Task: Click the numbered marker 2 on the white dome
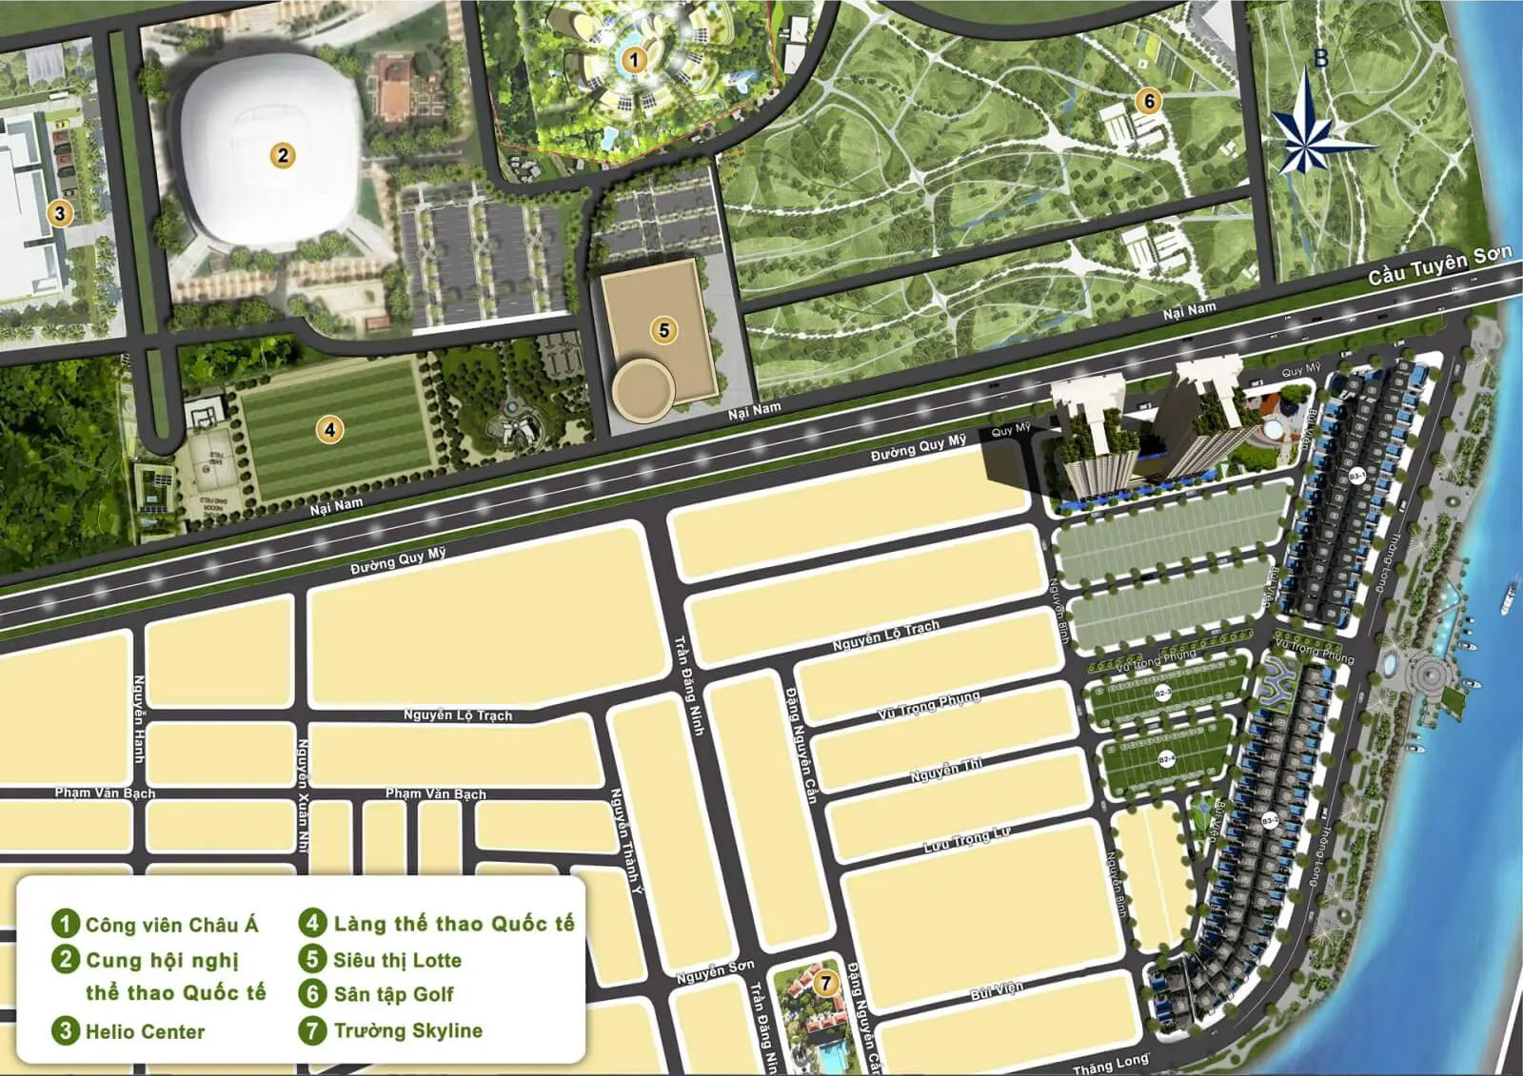pyautogui.click(x=282, y=155)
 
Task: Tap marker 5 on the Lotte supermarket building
pyautogui.click(x=664, y=330)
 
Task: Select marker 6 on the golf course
pyautogui.click(x=1149, y=100)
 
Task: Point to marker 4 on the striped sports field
pyautogui.click(x=329, y=429)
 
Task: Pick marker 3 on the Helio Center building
pyautogui.click(x=60, y=212)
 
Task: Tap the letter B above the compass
pyautogui.click(x=1320, y=59)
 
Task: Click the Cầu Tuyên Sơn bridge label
pyautogui.click(x=1439, y=264)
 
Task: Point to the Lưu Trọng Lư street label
pyautogui.click(x=967, y=839)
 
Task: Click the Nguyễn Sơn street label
pyautogui.click(x=715, y=971)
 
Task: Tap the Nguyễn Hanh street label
pyautogui.click(x=139, y=718)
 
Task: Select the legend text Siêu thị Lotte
pyautogui.click(x=397, y=960)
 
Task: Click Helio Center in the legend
pyautogui.click(x=145, y=1031)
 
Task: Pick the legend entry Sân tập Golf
pyautogui.click(x=393, y=994)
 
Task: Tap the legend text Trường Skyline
pyautogui.click(x=407, y=1030)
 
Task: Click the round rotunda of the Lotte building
pyautogui.click(x=643, y=388)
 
